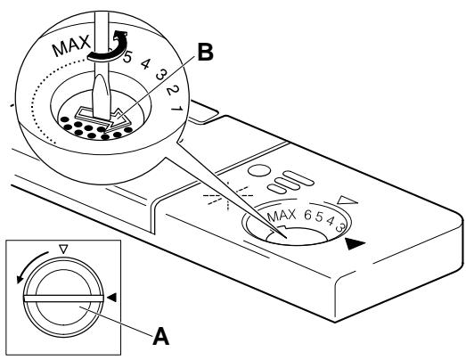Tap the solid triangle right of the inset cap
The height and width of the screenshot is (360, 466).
[110, 296]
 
